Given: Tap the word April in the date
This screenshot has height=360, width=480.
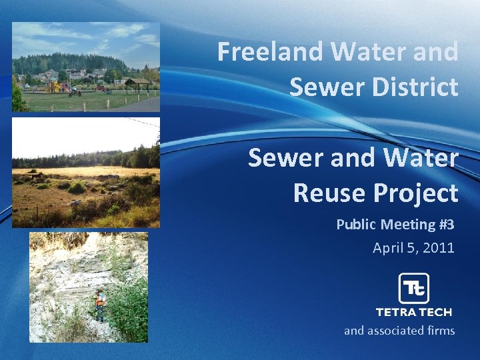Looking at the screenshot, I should click(x=388, y=248).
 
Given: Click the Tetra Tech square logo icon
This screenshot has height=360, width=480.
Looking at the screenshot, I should click(x=413, y=288).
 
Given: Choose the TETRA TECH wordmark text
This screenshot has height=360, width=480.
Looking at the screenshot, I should click(x=413, y=312).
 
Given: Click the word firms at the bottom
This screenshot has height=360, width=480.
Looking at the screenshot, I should click(x=441, y=330).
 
